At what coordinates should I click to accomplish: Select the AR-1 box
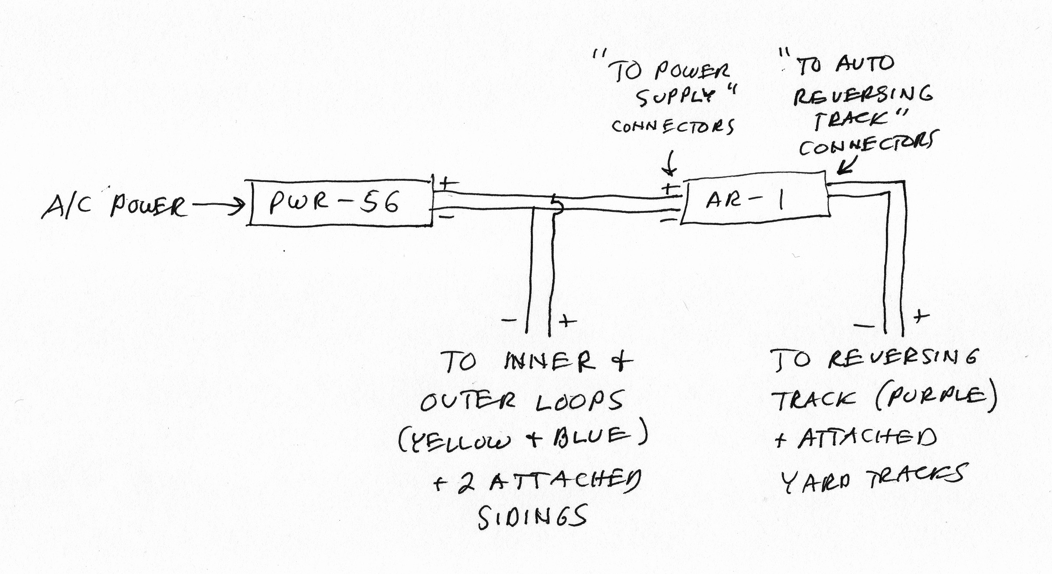pyautogui.click(x=755, y=200)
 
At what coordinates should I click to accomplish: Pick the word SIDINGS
pyautogui.click(x=533, y=517)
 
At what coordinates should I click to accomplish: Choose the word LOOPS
pyautogui.click(x=579, y=401)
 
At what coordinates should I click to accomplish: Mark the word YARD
pyautogui.click(x=815, y=481)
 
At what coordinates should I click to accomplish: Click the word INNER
pyautogui.click(x=548, y=361)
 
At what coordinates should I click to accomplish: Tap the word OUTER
pyautogui.click(x=468, y=401)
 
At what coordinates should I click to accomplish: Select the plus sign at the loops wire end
pyautogui.click(x=567, y=321)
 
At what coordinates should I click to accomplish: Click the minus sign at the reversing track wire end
pyautogui.click(x=864, y=325)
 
